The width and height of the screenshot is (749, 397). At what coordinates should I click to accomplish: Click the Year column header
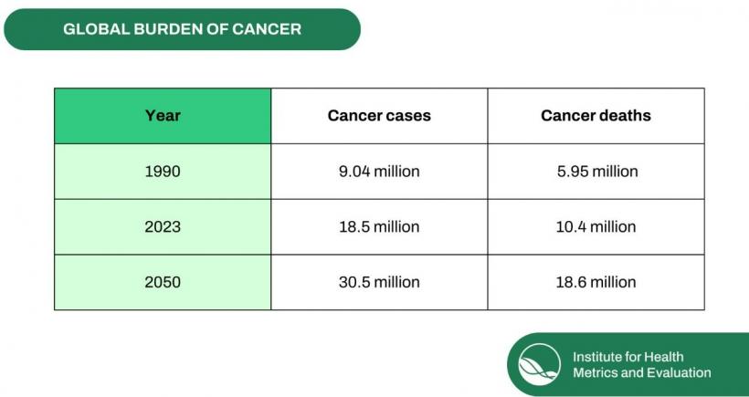(163, 116)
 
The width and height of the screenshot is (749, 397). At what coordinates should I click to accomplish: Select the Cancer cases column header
(379, 116)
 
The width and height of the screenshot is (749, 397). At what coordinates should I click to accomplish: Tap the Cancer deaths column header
(596, 116)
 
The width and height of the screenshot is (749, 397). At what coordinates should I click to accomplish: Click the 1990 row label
(163, 172)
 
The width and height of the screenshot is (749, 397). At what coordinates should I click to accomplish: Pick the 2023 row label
(163, 226)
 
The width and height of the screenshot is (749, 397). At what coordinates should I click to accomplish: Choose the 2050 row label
(163, 282)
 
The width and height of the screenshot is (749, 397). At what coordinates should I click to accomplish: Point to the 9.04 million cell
(379, 172)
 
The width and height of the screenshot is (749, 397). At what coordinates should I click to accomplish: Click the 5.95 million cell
(596, 172)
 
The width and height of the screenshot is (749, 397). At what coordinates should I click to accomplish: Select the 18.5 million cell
(379, 226)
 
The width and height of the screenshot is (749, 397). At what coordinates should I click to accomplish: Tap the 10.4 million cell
(596, 226)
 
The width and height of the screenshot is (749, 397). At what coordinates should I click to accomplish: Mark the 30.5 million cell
(379, 282)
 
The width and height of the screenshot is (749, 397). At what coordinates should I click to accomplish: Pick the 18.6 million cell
(596, 282)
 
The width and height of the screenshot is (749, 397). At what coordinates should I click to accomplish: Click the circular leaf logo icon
(539, 364)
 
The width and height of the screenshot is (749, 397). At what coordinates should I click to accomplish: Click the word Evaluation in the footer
(678, 372)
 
